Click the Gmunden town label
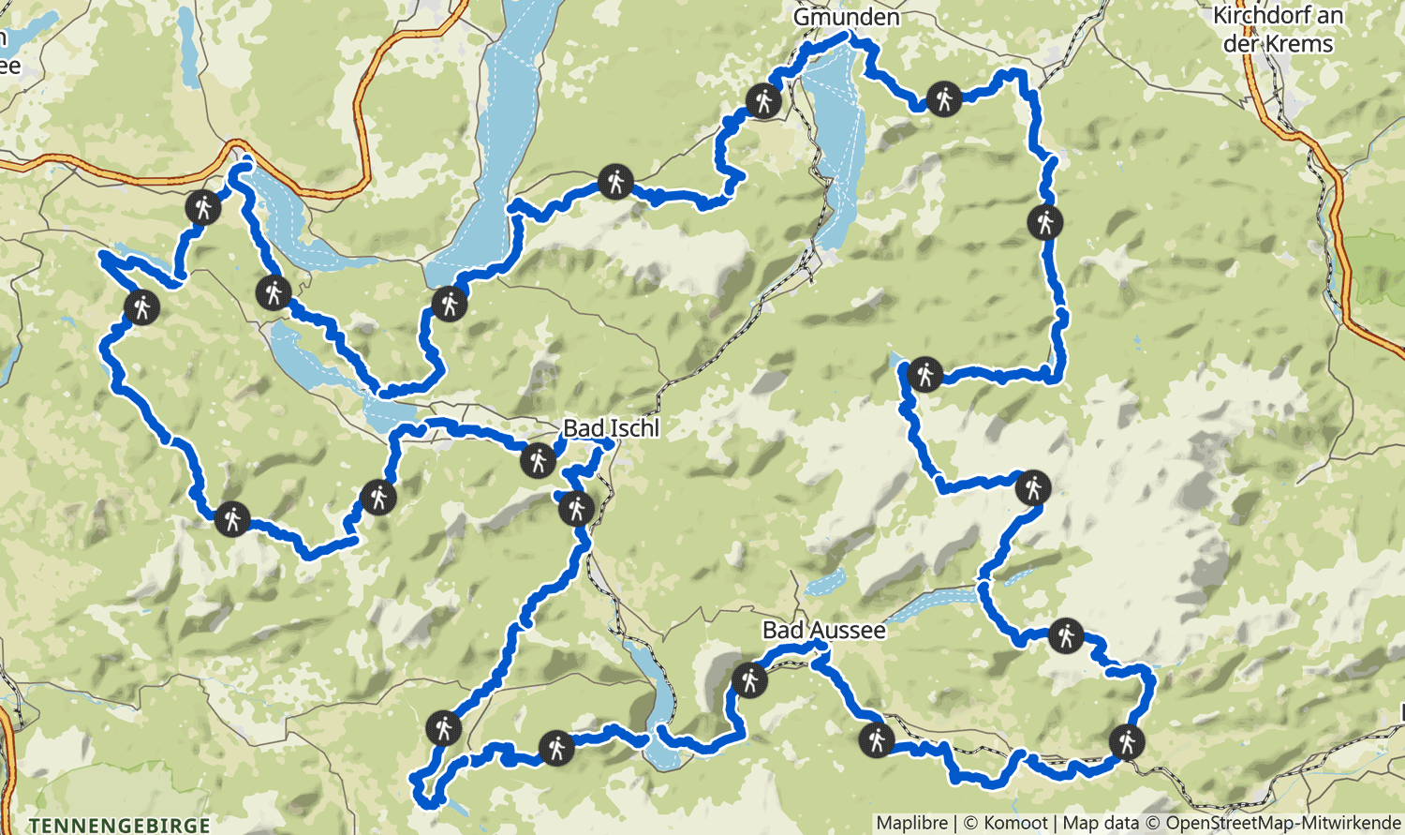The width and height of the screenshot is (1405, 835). (846, 17)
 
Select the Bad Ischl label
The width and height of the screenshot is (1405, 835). (611, 428)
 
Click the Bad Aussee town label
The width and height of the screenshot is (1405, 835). (823, 630)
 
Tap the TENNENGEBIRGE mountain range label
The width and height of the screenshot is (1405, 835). (119, 826)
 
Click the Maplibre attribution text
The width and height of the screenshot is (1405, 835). (911, 823)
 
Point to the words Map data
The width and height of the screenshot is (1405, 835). (1101, 823)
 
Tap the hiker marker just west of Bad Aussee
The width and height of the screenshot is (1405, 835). (749, 678)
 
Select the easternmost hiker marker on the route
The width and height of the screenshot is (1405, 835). (1126, 741)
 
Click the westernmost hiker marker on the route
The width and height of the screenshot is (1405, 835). (142, 306)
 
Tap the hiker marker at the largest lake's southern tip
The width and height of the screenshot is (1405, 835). (450, 304)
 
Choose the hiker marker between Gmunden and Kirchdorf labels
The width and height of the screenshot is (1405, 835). (943, 97)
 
